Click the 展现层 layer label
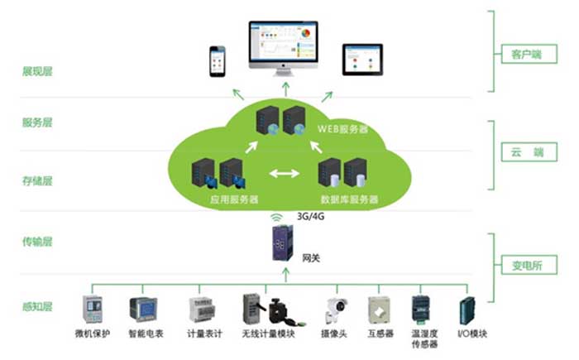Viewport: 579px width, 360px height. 37,71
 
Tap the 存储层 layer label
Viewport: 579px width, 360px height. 37,180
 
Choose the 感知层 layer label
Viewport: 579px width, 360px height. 37,306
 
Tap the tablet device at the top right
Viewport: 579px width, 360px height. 362,59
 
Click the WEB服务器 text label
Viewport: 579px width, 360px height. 342,130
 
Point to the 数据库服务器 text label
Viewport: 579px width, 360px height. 349,199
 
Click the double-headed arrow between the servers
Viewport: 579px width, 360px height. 284,175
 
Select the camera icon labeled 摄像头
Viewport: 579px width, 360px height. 335,310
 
